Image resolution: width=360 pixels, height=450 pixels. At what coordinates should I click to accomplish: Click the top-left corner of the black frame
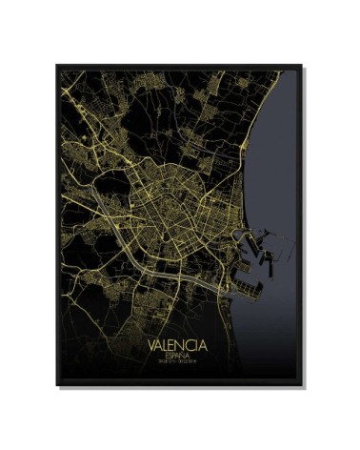(56, 65)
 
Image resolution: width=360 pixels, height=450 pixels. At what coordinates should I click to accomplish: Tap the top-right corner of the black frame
(304, 65)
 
